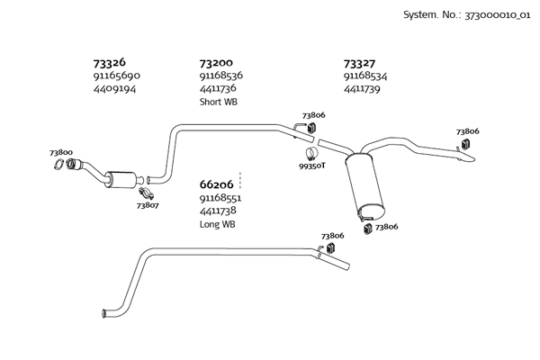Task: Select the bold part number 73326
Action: click(x=109, y=63)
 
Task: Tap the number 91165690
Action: click(x=117, y=76)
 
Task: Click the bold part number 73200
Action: click(x=216, y=63)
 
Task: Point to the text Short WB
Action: click(x=219, y=102)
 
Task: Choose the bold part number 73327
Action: click(x=360, y=63)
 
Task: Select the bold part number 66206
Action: click(x=216, y=184)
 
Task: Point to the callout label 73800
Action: click(x=61, y=153)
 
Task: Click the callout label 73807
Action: click(x=148, y=206)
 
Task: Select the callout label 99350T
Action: click(x=312, y=166)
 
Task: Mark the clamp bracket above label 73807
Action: click(x=146, y=193)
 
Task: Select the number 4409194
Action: click(x=115, y=89)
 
